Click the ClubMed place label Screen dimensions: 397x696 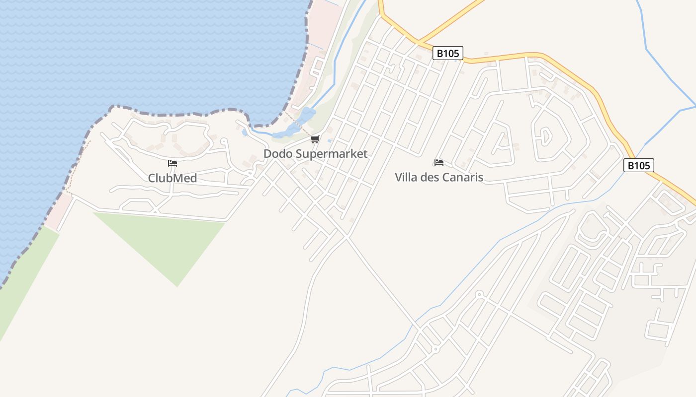(x=173, y=178)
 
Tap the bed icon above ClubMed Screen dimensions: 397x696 (x=173, y=163)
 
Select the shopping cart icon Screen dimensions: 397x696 (x=315, y=139)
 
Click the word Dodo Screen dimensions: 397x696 (x=278, y=154)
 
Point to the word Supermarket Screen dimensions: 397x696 (x=332, y=154)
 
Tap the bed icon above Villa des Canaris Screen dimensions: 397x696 (x=438, y=162)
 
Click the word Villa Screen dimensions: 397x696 (x=406, y=177)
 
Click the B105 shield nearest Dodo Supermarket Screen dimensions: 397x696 (x=447, y=53)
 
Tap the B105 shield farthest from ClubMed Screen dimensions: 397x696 (x=638, y=165)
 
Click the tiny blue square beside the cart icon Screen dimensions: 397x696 (x=330, y=141)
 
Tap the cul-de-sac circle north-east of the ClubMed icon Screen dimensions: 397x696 (x=223, y=141)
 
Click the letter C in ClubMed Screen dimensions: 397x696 (x=152, y=178)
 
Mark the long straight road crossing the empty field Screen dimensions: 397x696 (x=383, y=283)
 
